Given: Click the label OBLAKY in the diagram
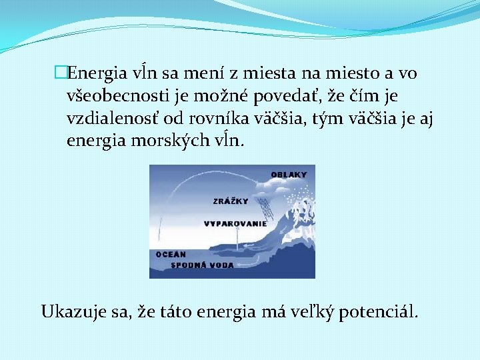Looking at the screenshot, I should (x=289, y=175).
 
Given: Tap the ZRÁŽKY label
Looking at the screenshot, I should (x=231, y=201).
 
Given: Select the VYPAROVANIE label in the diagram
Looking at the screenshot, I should (x=235, y=224).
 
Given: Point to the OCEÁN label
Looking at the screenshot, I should (x=171, y=254).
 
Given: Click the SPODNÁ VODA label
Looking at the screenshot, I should (x=203, y=265).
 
